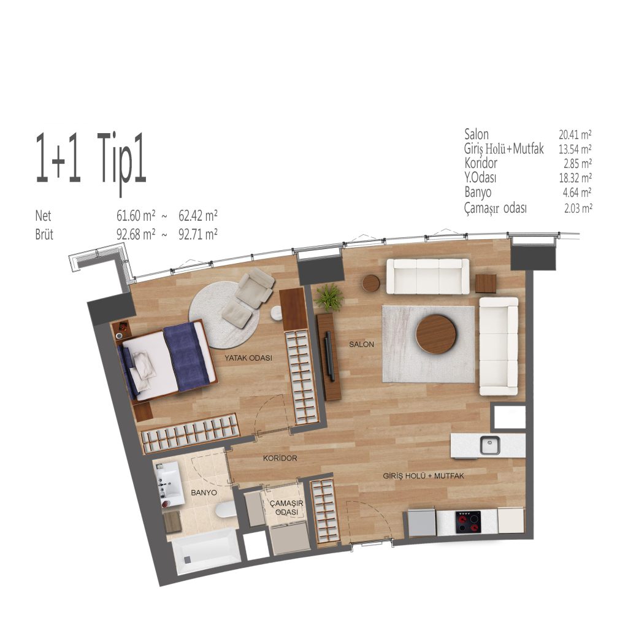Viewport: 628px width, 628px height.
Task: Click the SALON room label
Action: (361, 344)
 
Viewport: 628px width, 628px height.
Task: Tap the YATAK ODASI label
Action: (248, 358)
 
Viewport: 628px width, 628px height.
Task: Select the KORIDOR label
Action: (280, 458)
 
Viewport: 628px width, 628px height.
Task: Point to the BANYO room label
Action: (204, 492)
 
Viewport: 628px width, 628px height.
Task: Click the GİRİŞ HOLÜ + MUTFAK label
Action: (423, 476)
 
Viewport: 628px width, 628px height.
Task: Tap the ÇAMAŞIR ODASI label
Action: (287, 507)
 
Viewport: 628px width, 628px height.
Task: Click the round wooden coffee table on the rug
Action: (436, 334)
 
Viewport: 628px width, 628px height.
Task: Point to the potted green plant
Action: (329, 297)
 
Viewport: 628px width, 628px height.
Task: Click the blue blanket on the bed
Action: (186, 356)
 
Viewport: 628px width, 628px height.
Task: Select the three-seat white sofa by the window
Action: (427, 277)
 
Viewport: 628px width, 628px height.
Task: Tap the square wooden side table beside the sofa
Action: (486, 283)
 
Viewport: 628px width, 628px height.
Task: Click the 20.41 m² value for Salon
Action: (575, 134)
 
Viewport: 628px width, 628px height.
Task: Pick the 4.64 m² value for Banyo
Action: (577, 193)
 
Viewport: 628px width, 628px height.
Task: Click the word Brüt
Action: (44, 234)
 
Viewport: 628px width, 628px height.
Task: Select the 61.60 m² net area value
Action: (136, 216)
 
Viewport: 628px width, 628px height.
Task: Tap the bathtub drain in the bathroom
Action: (188, 559)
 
